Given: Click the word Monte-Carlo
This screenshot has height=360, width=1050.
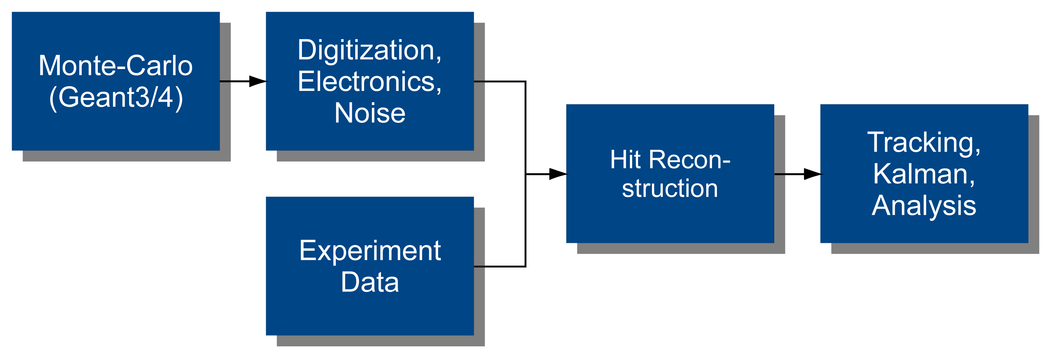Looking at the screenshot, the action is click(116, 66).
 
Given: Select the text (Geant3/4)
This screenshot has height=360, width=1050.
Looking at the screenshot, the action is click(116, 97).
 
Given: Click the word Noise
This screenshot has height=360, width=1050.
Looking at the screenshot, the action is click(370, 113).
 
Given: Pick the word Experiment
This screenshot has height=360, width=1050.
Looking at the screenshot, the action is click(370, 251).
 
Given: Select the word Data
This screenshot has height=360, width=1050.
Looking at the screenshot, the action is click(370, 282).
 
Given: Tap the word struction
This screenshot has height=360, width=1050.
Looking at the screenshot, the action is click(670, 188).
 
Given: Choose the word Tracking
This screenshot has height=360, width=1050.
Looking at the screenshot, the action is click(924, 143).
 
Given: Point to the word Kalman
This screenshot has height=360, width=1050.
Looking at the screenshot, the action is click(924, 174).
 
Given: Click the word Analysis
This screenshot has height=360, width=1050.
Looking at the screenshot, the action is click(924, 206).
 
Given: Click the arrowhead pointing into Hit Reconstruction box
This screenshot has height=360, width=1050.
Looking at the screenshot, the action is click(558, 174).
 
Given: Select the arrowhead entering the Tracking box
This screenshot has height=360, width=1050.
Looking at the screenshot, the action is click(813, 174).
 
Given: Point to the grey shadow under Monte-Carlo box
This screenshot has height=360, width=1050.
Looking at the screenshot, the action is click(126, 156).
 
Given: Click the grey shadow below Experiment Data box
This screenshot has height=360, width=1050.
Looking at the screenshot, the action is click(381, 341).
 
